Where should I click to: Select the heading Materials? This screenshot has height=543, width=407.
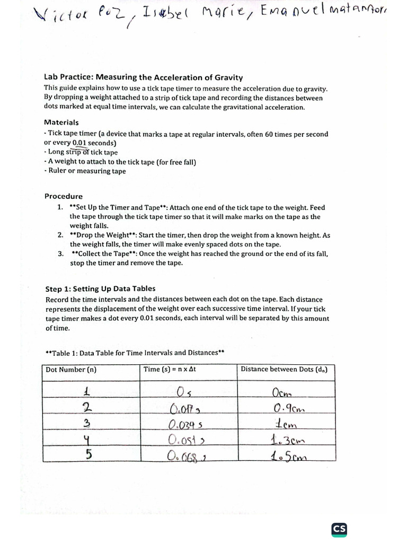(x=61, y=122)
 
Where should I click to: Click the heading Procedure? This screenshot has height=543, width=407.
(x=63, y=196)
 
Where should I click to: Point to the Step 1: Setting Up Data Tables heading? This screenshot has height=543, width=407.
(x=100, y=288)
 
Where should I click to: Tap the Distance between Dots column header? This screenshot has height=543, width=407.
(x=284, y=370)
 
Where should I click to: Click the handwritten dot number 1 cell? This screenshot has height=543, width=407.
(x=86, y=392)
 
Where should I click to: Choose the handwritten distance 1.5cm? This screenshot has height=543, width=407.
(x=289, y=456)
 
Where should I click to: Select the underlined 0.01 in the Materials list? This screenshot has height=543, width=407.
(x=79, y=143)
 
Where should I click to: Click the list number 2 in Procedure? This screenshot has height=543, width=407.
(x=60, y=235)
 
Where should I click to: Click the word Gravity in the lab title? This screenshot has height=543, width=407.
(x=228, y=77)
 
